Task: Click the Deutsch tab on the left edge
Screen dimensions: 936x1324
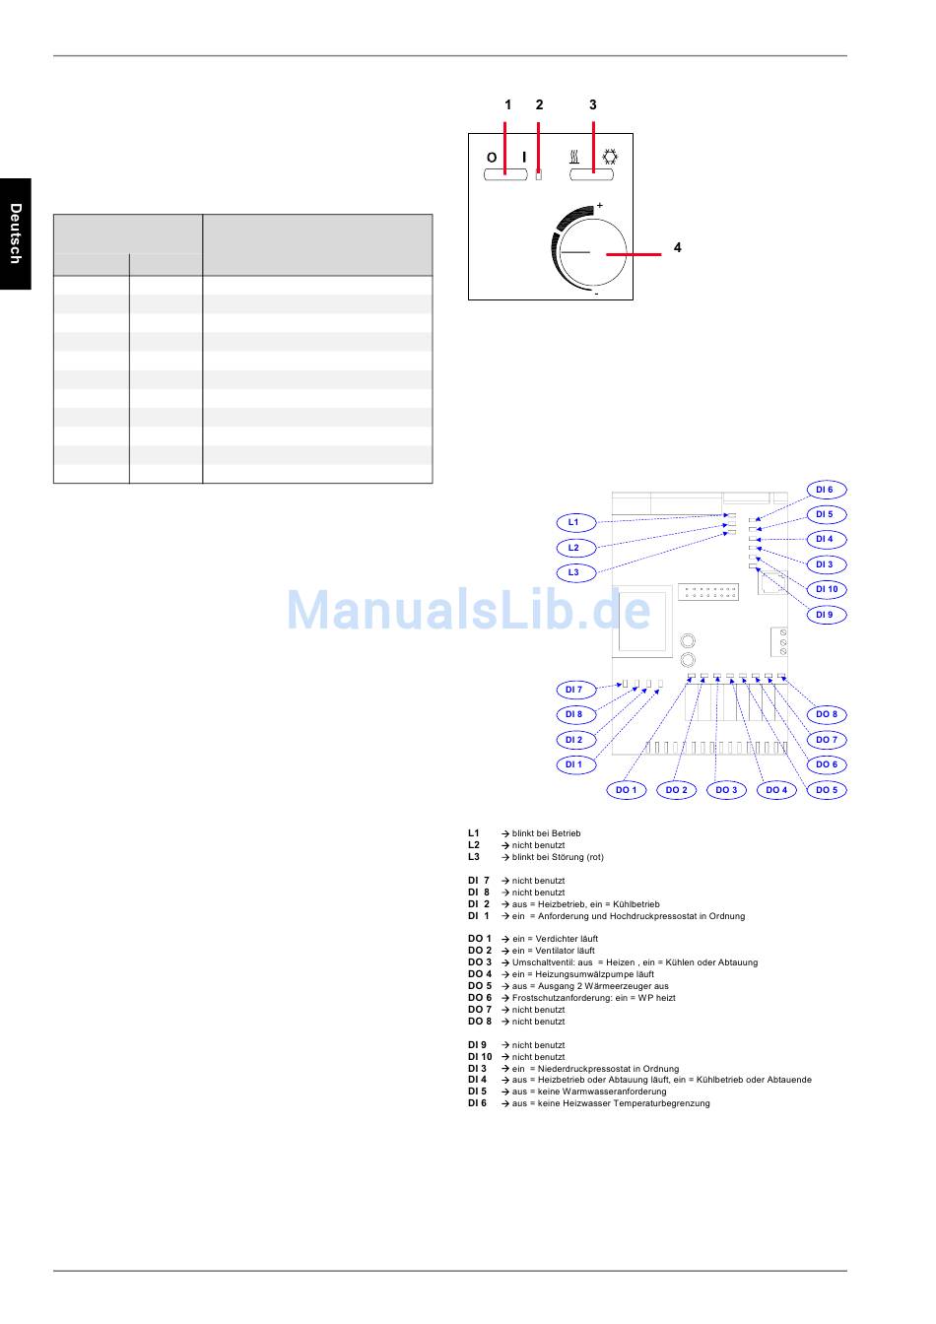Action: (15, 233)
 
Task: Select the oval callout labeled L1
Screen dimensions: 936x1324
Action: (574, 522)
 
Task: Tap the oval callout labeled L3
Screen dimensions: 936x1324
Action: (574, 572)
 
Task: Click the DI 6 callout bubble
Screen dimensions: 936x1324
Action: (825, 490)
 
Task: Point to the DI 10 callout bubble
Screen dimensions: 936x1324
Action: (827, 589)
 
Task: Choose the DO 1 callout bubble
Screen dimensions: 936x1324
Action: (626, 790)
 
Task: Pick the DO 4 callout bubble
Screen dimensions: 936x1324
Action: (776, 790)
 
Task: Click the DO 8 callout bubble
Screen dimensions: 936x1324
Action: (827, 714)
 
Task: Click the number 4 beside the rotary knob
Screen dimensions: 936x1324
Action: (678, 248)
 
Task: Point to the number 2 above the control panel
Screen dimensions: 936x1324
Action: (539, 104)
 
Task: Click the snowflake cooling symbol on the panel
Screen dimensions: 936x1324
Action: (610, 157)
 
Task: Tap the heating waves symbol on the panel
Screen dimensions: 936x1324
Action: (573, 157)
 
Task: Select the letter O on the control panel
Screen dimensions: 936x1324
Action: (492, 158)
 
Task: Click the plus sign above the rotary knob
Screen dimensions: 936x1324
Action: (600, 205)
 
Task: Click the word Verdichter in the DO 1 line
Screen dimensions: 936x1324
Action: (557, 939)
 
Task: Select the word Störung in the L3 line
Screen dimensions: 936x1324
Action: (568, 857)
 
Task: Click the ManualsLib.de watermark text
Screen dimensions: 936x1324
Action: (468, 611)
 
